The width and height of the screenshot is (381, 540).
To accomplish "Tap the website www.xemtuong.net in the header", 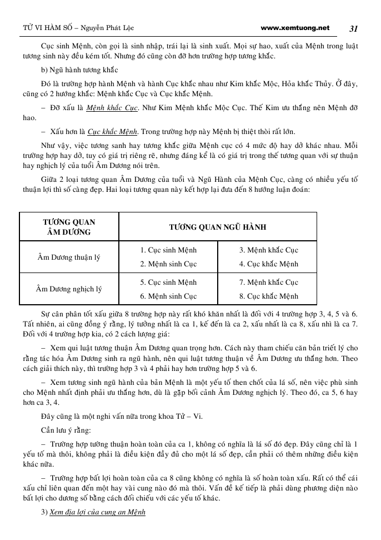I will tap(294, 28).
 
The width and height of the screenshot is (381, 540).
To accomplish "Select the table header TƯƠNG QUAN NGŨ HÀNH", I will tap(218, 227).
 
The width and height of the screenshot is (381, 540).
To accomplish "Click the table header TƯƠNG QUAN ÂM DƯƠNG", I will tap(69, 227).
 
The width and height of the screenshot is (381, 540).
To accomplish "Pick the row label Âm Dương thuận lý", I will tap(69, 257).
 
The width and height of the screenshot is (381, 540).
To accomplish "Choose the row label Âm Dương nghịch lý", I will tap(69, 289).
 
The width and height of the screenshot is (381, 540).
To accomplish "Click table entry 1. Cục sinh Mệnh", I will tap(168, 250).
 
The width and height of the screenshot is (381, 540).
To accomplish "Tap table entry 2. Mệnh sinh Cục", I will tap(168, 264).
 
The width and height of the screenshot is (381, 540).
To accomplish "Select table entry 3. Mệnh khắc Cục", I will tap(269, 250).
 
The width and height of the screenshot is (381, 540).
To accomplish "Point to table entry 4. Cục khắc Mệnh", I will tap(269, 264).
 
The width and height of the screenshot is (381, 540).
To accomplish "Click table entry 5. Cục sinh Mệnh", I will tap(168, 282).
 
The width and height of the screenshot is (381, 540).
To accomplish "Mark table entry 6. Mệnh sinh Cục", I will tap(168, 296).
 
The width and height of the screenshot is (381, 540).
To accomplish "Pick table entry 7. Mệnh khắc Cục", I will tap(269, 282).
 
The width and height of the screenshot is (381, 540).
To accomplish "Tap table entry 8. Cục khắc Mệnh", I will tap(269, 296).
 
